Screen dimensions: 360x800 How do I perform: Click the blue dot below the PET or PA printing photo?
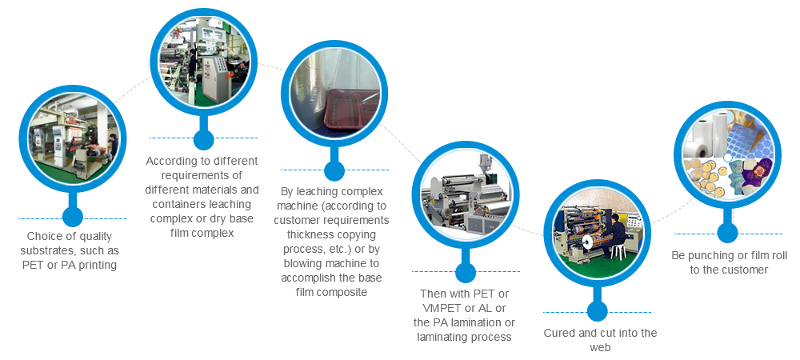point(73,216)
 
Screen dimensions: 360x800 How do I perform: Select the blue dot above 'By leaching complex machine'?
point(334,170)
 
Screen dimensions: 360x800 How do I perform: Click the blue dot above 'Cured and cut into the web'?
point(596,312)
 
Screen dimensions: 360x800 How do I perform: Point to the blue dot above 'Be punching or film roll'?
point(727,232)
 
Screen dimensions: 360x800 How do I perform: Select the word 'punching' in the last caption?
point(710,255)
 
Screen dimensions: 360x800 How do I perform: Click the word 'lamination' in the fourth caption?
point(474,322)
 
